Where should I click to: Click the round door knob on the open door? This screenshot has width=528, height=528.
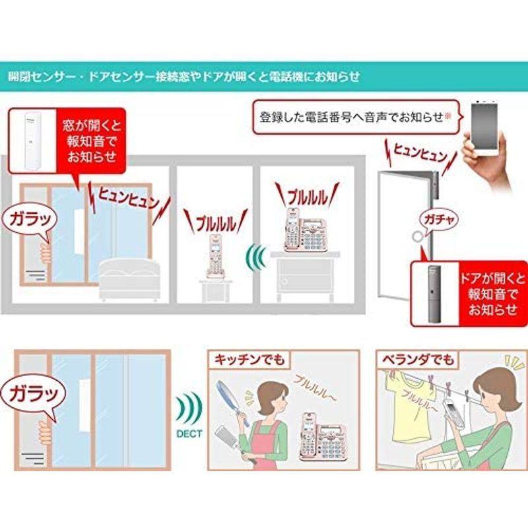(418, 238)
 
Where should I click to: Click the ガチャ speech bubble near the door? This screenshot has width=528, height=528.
(434, 218)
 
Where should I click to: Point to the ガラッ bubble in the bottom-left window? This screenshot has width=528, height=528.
(26, 394)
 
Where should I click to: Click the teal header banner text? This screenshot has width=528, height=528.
(185, 77)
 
